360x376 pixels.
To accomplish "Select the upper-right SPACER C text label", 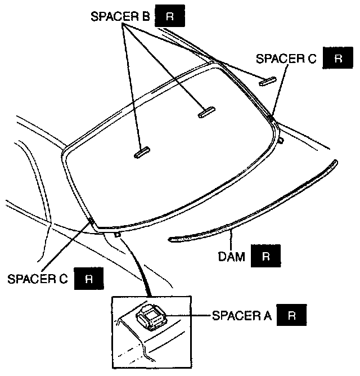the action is pyautogui.click(x=287, y=59).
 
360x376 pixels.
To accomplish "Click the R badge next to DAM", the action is pyautogui.click(x=265, y=257).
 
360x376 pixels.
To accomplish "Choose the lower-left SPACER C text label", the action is pyautogui.click(x=38, y=279).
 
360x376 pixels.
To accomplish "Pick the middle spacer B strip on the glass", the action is pyautogui.click(x=206, y=112).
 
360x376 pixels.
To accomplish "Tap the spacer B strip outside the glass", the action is pyautogui.click(x=267, y=80).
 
